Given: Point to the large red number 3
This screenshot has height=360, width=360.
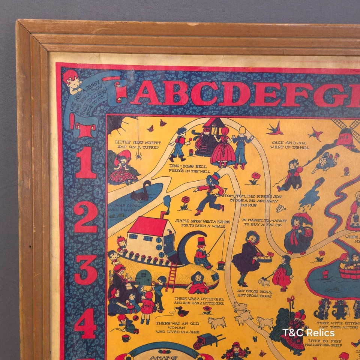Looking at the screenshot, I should pyautogui.click(x=85, y=270).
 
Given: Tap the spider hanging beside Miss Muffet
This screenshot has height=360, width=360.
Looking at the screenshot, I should pyautogui.click(x=138, y=154).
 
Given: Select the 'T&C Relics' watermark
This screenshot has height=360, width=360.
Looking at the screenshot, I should pyautogui.click(x=308, y=332).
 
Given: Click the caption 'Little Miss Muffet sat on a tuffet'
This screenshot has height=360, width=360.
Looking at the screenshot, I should pyautogui.click(x=133, y=145).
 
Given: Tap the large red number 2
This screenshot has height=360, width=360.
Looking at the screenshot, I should pyautogui.click(x=85, y=214).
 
